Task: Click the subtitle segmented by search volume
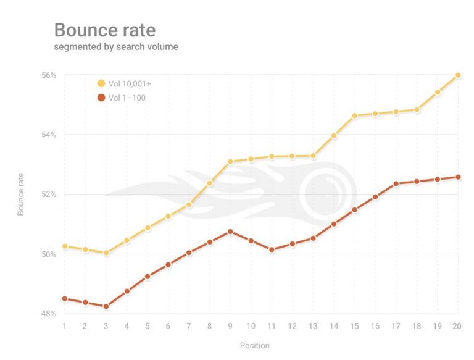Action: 116,47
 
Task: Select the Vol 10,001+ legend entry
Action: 127,83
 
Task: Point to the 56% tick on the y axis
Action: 49,75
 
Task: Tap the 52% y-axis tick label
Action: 49,195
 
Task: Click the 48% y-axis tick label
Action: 49,314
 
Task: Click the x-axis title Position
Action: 255,345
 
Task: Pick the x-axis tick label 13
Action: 313,325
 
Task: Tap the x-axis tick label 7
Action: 189,325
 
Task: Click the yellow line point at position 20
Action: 458,75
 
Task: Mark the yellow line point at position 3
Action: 106,253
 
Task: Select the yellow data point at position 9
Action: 230,162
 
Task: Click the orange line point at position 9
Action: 230,232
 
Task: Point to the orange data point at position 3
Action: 106,306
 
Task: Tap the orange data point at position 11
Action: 272,249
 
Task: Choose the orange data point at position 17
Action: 396,184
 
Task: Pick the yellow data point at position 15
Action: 354,115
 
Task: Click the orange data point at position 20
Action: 458,177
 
